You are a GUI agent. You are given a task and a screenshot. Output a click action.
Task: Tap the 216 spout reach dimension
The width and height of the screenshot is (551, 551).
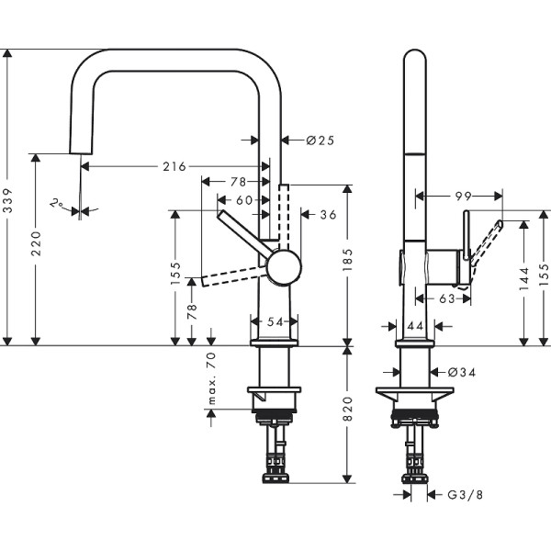pyautogui.click(x=174, y=166)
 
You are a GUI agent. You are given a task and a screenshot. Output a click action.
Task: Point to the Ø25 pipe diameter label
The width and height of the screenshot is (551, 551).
pyautogui.click(x=318, y=140)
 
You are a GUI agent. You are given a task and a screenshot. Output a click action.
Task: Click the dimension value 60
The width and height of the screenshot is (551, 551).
pyautogui.click(x=243, y=198)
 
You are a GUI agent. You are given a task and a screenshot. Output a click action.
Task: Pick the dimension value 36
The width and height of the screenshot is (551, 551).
pyautogui.click(x=327, y=215)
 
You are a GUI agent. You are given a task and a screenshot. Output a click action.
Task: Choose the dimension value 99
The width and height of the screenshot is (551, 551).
pyautogui.click(x=462, y=195)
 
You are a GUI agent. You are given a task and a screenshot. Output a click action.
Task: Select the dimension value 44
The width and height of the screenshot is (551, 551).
pyautogui.click(x=414, y=325)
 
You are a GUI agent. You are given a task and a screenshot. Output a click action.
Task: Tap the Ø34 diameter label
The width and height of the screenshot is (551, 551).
pyautogui.click(x=464, y=372)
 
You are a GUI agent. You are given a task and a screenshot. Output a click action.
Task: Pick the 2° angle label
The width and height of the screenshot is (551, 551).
pyautogui.click(x=57, y=202)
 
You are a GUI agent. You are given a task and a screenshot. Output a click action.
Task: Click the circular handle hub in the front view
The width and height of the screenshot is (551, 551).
pyautogui.click(x=283, y=267)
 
